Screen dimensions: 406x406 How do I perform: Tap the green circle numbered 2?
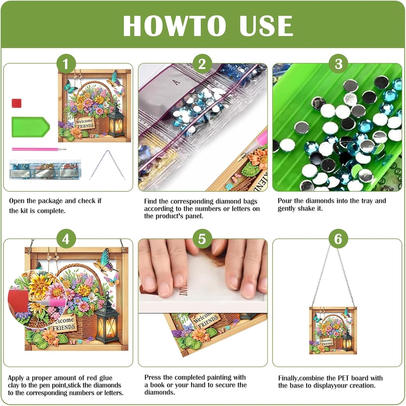point(202,64)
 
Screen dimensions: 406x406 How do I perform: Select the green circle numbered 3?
point(338,64)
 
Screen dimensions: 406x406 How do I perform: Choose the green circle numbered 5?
point(202,239)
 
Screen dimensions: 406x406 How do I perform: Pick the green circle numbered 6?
point(338,239)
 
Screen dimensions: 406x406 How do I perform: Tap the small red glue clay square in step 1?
point(17,103)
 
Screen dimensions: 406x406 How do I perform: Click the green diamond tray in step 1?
point(31,127)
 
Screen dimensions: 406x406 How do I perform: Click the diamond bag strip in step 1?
point(45,169)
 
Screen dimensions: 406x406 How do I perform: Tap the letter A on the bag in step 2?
point(177,82)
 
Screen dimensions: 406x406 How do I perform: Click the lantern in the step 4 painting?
point(107,319)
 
